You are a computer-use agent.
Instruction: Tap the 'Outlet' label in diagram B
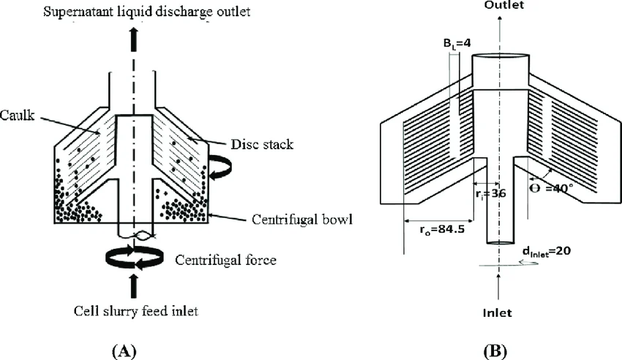pos(498,6)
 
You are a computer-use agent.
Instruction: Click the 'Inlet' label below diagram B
pos(498,312)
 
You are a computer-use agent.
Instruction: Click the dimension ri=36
pos(492,192)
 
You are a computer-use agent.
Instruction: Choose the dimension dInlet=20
pos(542,250)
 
